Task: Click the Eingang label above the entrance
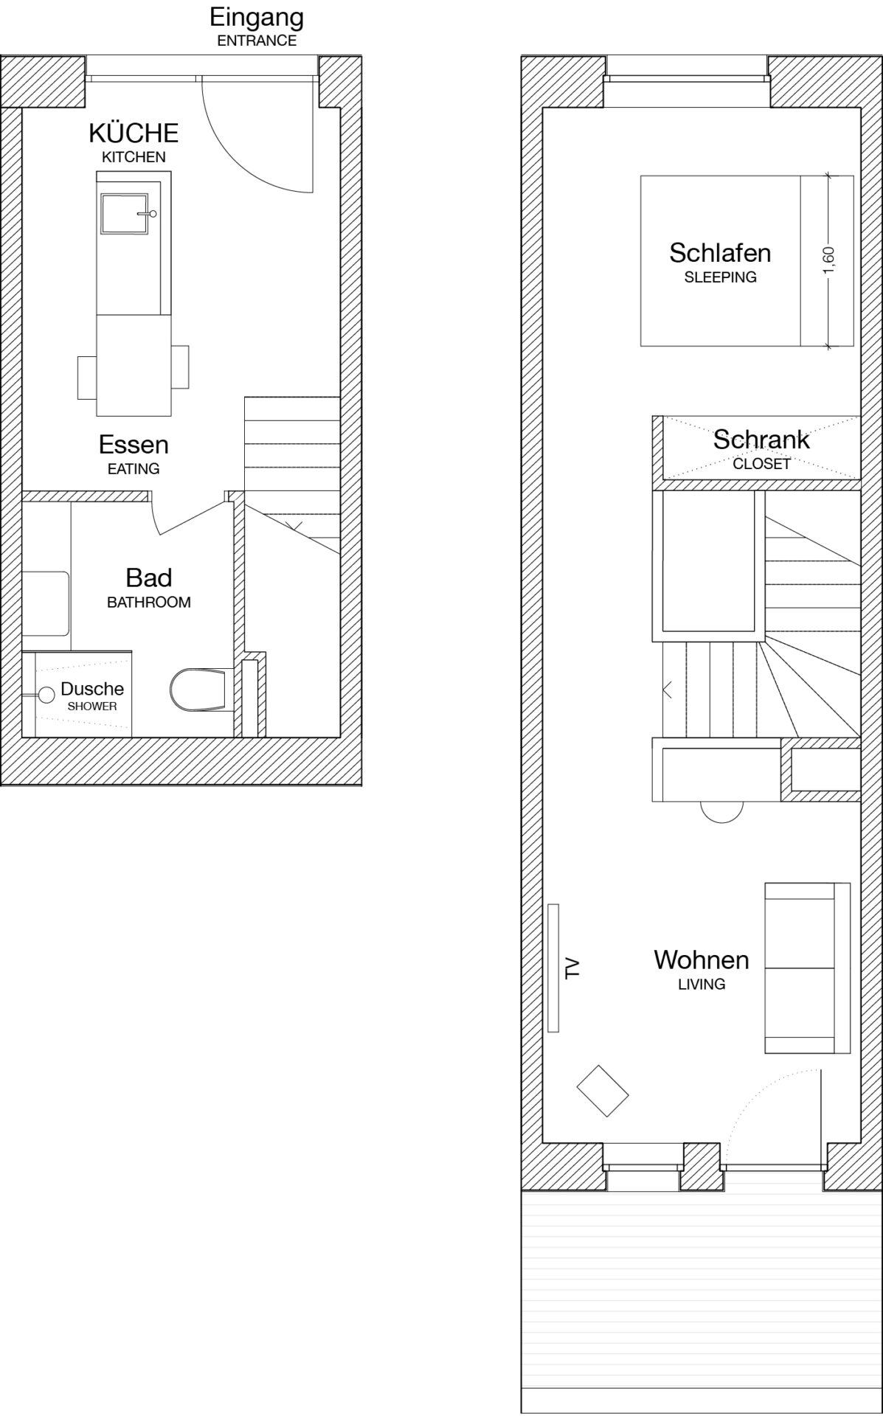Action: tap(257, 17)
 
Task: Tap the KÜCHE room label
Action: tap(134, 133)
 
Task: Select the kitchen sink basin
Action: tap(124, 213)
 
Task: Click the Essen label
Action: tap(134, 445)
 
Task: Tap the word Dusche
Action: tap(92, 689)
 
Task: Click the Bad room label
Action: tap(149, 577)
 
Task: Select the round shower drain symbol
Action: tap(46, 694)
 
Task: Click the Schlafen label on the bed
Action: tap(720, 253)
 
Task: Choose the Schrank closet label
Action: tap(761, 440)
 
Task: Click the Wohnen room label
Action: tap(702, 959)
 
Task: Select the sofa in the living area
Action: tap(808, 968)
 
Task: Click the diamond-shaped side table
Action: tap(602, 1091)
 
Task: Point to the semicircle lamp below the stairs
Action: tap(721, 812)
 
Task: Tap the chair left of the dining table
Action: tap(87, 378)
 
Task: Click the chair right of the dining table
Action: tap(180, 367)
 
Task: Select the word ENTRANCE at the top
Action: tap(257, 41)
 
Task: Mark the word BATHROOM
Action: tap(149, 602)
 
